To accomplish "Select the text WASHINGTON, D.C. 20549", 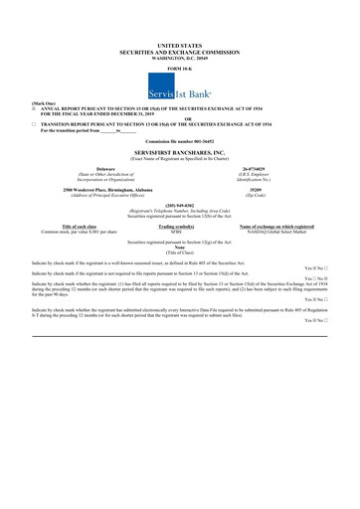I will pos(179,57).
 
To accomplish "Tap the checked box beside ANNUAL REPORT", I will pos(37,108).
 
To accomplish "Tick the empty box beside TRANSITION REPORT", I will pos(37,124).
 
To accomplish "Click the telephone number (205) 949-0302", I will pos(179,205).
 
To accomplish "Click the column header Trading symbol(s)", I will pos(179,227).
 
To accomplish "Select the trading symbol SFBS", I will pos(179,232).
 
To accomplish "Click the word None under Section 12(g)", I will pos(179,248).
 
